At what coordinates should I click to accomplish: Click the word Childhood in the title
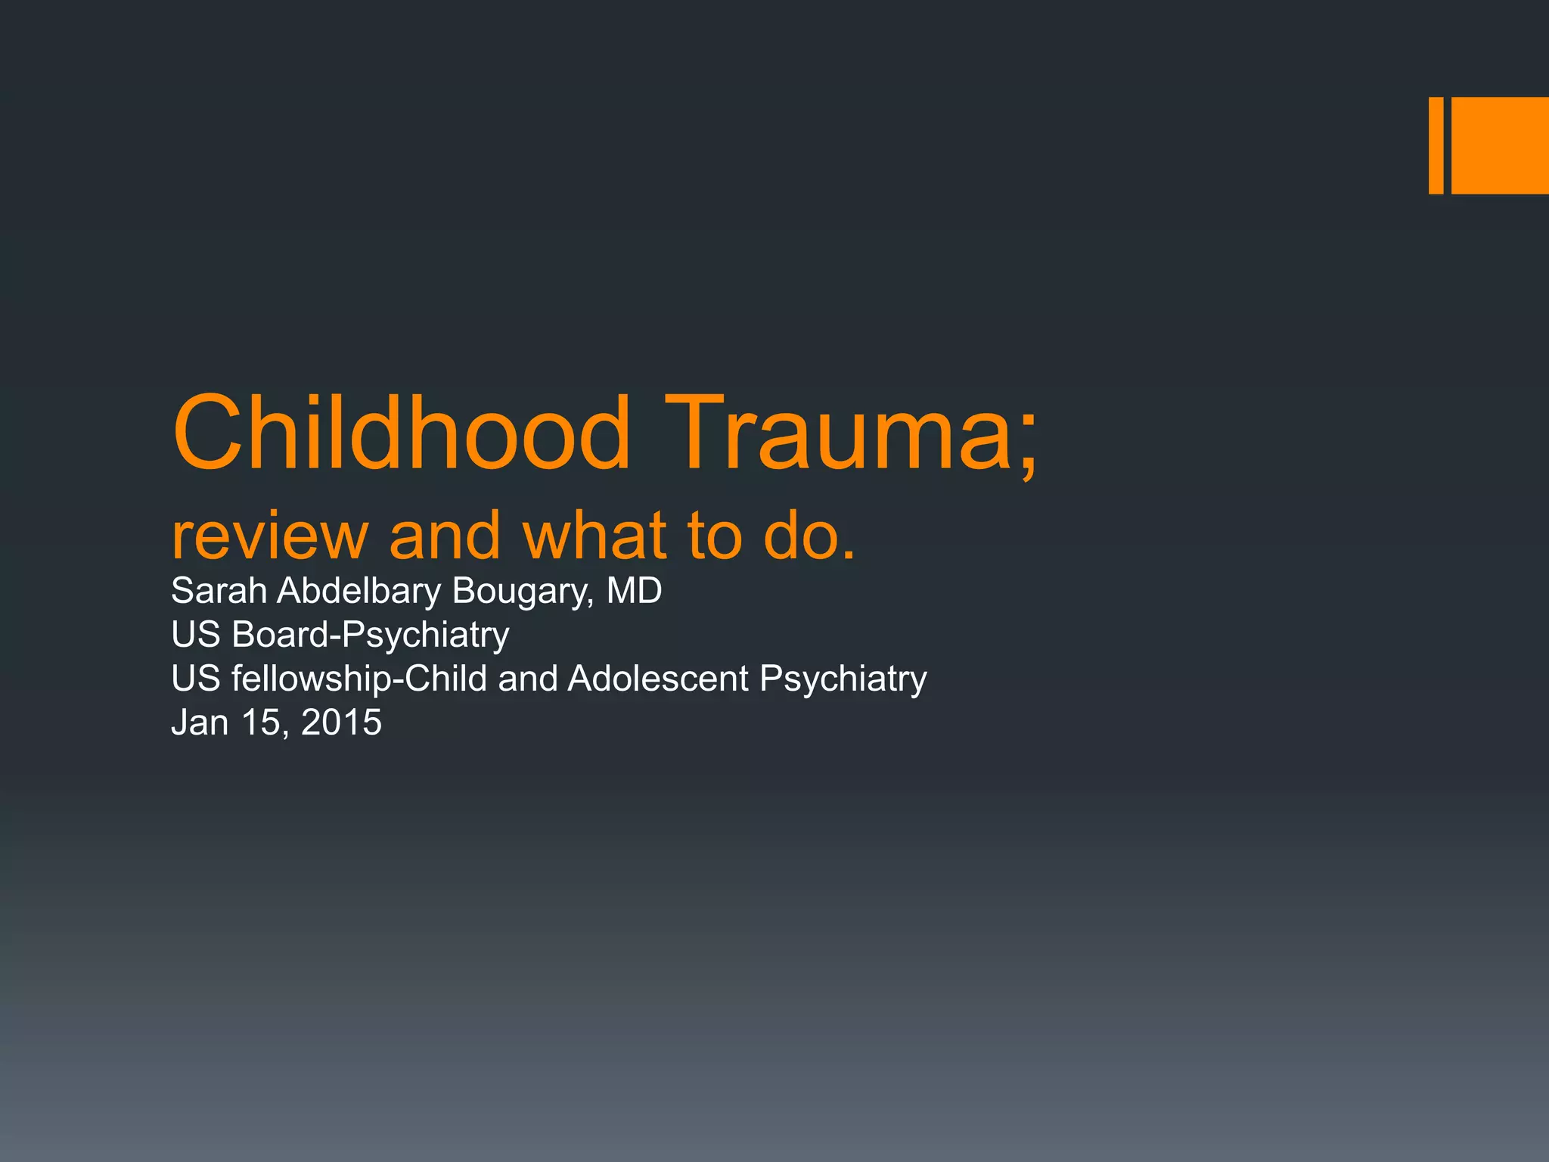(x=402, y=434)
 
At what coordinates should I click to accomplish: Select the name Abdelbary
(x=359, y=591)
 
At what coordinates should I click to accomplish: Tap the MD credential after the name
(x=634, y=591)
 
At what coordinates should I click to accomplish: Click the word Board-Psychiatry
(x=371, y=635)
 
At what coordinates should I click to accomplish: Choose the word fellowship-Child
(x=359, y=679)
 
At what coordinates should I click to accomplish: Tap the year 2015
(x=341, y=722)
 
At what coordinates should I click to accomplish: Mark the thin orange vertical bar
(x=1436, y=145)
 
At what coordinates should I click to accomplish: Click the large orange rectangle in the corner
(x=1500, y=145)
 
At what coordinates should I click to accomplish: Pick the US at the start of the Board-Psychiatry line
(x=196, y=635)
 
